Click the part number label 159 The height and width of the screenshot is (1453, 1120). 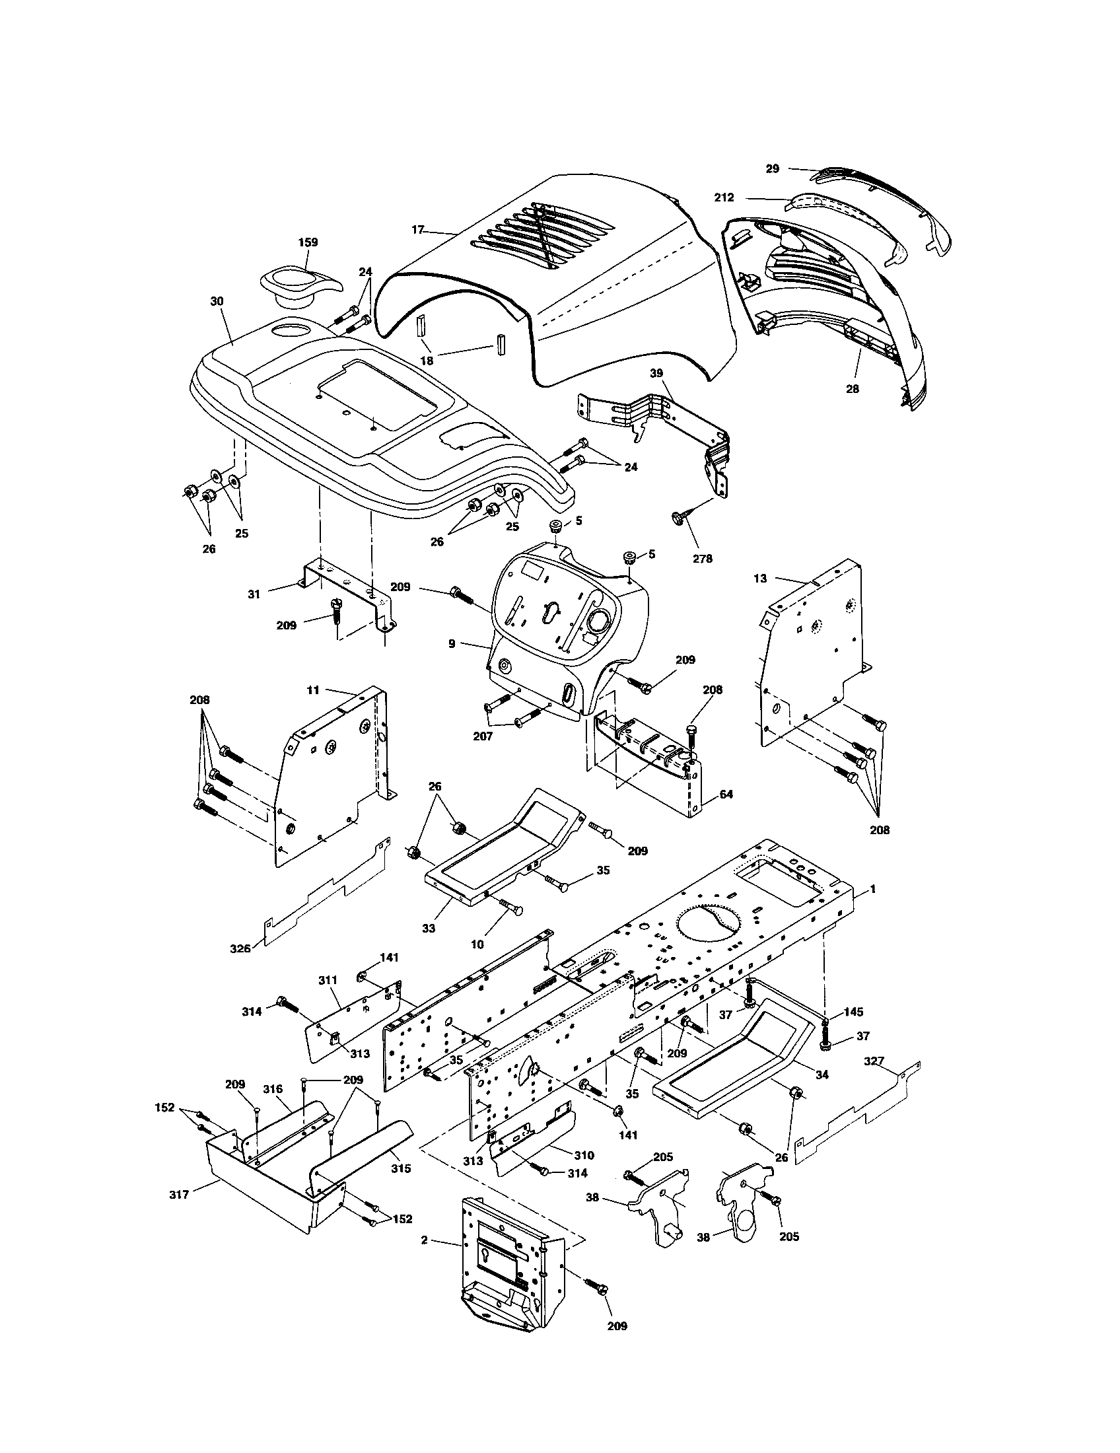[308, 242]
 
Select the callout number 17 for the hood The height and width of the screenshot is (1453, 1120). [417, 230]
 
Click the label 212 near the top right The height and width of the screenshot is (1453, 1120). [724, 197]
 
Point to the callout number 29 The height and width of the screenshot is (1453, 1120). [772, 168]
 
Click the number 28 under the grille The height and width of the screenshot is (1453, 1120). [852, 388]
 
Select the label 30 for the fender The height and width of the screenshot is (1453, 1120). [217, 301]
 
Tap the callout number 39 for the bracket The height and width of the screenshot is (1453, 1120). [656, 373]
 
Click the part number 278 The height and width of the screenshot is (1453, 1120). [703, 559]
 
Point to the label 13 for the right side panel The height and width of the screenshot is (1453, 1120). [760, 578]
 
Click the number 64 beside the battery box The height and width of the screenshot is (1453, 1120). [726, 794]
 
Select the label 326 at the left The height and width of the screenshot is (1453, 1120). [240, 948]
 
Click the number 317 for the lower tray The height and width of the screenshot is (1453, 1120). [179, 1194]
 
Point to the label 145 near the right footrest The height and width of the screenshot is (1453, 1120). [853, 1012]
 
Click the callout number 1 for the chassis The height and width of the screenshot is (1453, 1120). [873, 890]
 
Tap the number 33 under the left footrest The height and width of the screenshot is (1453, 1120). [429, 928]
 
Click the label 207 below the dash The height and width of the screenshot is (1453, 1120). [483, 737]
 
